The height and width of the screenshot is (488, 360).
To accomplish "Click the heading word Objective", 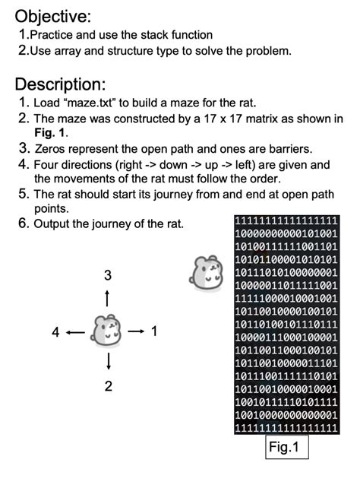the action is point(52,15).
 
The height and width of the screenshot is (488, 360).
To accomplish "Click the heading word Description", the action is point(59,84).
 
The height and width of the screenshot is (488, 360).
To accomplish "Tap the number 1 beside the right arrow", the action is point(154,331).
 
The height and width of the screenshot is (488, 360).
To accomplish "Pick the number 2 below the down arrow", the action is point(108,386).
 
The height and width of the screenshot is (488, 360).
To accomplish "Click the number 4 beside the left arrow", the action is point(55,331).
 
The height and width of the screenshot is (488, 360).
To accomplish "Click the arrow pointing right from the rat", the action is point(135,331).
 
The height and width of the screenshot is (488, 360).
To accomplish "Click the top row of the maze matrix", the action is point(286,221).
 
